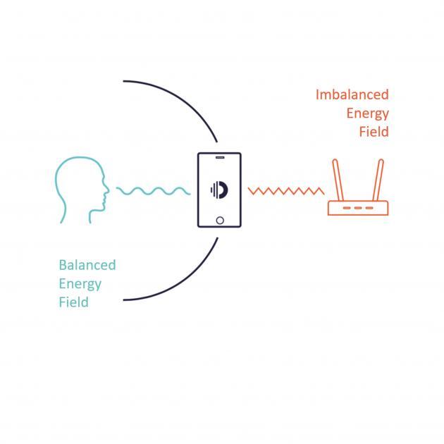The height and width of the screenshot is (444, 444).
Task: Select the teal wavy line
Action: tap(153, 190)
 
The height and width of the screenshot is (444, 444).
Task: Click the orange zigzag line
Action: tap(285, 190)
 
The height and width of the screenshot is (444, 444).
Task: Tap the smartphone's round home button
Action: tap(219, 220)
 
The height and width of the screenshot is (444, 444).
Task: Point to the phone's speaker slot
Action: tap(219, 156)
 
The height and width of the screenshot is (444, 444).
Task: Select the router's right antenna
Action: tap(379, 180)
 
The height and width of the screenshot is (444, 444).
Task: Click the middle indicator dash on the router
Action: tap(358, 208)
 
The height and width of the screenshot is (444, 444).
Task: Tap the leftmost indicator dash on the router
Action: tap(347, 208)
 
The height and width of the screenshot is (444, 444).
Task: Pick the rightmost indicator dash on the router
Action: tap(369, 208)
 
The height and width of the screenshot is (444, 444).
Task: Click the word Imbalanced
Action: tap(352, 95)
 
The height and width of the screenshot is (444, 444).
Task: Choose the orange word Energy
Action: tap(367, 113)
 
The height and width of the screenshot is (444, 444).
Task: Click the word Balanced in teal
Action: tap(87, 266)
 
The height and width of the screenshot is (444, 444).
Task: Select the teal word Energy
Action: tap(80, 284)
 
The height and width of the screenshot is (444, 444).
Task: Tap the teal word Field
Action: tap(73, 302)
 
